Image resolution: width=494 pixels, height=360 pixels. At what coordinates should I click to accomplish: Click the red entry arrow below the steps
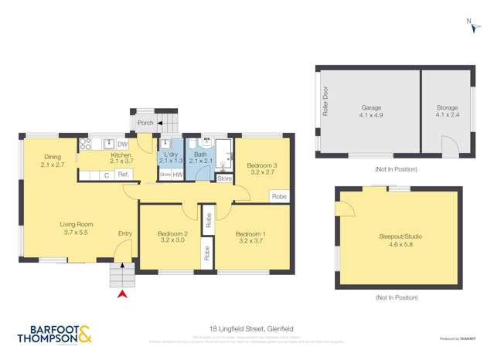pos(120,294)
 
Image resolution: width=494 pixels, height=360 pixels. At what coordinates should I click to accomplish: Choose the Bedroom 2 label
pos(172,237)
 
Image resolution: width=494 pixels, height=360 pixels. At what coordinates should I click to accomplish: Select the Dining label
pos(53,160)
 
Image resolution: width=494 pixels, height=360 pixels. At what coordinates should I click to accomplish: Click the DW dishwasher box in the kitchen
pos(122,144)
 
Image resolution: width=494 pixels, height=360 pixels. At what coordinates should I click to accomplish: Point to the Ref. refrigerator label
pos(122,175)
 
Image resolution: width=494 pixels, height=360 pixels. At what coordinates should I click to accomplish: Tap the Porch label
pos(145,123)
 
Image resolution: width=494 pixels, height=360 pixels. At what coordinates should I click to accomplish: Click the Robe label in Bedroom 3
pos(279,197)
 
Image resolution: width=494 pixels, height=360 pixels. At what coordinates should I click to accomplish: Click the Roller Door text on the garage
pos(325,101)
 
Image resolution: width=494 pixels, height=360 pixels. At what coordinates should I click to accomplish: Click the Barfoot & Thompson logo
pos(56,333)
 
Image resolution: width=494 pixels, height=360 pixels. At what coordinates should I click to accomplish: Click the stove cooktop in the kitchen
pos(87,144)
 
